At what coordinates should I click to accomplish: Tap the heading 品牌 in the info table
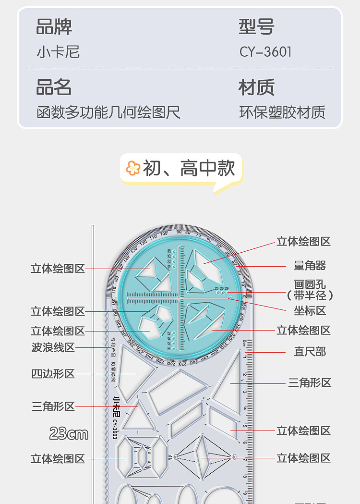[x=54, y=27]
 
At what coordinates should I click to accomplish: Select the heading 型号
[x=256, y=27]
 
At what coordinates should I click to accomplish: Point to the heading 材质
[x=256, y=88]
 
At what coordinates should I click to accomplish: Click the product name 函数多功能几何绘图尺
[x=108, y=112]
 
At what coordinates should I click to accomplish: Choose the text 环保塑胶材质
[x=282, y=112]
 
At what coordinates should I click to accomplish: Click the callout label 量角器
[x=310, y=265]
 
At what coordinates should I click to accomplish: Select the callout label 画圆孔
[x=310, y=284]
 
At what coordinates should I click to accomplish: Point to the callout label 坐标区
[x=310, y=311]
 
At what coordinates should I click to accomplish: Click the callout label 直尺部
[x=310, y=352]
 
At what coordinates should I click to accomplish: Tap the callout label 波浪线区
[x=53, y=347]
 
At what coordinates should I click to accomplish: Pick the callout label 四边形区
[x=53, y=373]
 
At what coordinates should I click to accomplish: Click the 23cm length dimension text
[x=69, y=434]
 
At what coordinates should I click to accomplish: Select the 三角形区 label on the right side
[x=310, y=383]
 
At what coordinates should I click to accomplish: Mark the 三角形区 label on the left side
[x=53, y=406]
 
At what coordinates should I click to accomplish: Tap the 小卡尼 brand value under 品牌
[x=58, y=52]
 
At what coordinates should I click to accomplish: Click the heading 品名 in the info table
[x=54, y=88]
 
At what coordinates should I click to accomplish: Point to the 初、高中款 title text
[x=189, y=169]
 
